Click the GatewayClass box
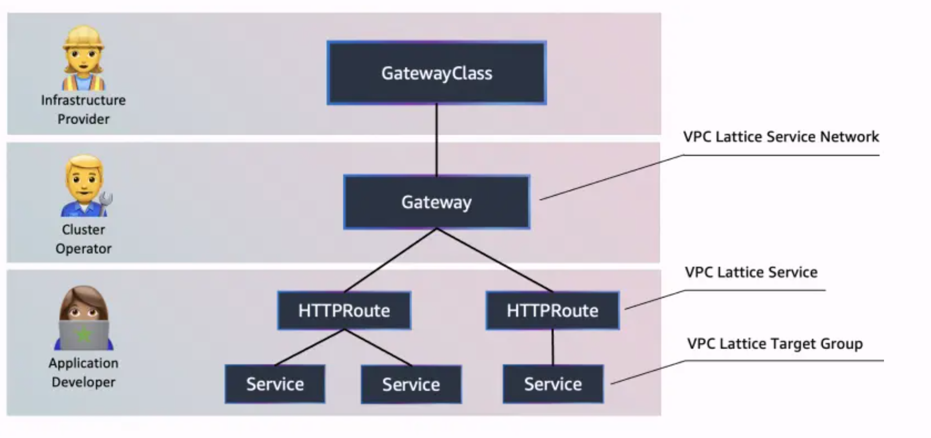click(x=437, y=73)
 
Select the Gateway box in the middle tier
click(x=437, y=202)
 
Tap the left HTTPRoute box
click(x=344, y=310)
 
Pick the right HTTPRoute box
click(x=552, y=310)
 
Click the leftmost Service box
click(x=275, y=384)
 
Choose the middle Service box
click(x=411, y=384)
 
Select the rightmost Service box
click(x=553, y=384)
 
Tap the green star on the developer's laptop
click(x=83, y=335)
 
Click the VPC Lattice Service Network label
click(x=781, y=137)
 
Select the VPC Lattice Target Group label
click(x=775, y=344)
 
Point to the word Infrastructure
click(x=83, y=100)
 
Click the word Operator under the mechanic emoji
click(x=83, y=249)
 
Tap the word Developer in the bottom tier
click(x=83, y=382)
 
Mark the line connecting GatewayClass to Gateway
click(x=437, y=140)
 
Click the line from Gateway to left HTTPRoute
click(x=390, y=260)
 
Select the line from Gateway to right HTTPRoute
click(x=495, y=260)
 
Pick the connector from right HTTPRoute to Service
click(x=552, y=347)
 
